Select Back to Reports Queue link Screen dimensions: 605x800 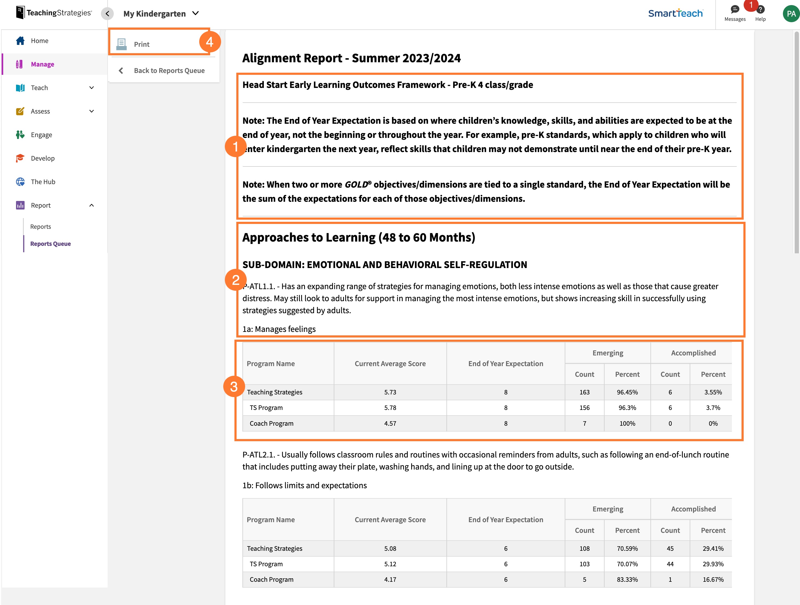tap(169, 71)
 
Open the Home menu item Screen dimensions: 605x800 tap(40, 41)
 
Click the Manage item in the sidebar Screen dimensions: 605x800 tap(42, 64)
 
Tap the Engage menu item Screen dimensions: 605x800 tap(41, 135)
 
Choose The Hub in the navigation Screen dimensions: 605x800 tap(43, 182)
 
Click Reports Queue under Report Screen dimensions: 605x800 tap(50, 243)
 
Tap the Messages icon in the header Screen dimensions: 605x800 tap(735, 10)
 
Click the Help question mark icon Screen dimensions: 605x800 tap(760, 10)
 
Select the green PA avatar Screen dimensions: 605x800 tap(791, 14)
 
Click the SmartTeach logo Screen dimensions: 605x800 tap(675, 13)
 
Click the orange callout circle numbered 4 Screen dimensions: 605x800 tap(210, 42)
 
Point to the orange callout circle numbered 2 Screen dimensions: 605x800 tap(236, 280)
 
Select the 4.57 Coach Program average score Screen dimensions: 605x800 tap(390, 423)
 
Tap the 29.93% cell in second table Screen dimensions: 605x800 tap(713, 564)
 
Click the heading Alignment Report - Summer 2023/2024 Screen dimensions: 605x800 tap(351, 58)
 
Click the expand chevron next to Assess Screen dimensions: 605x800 tap(92, 111)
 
